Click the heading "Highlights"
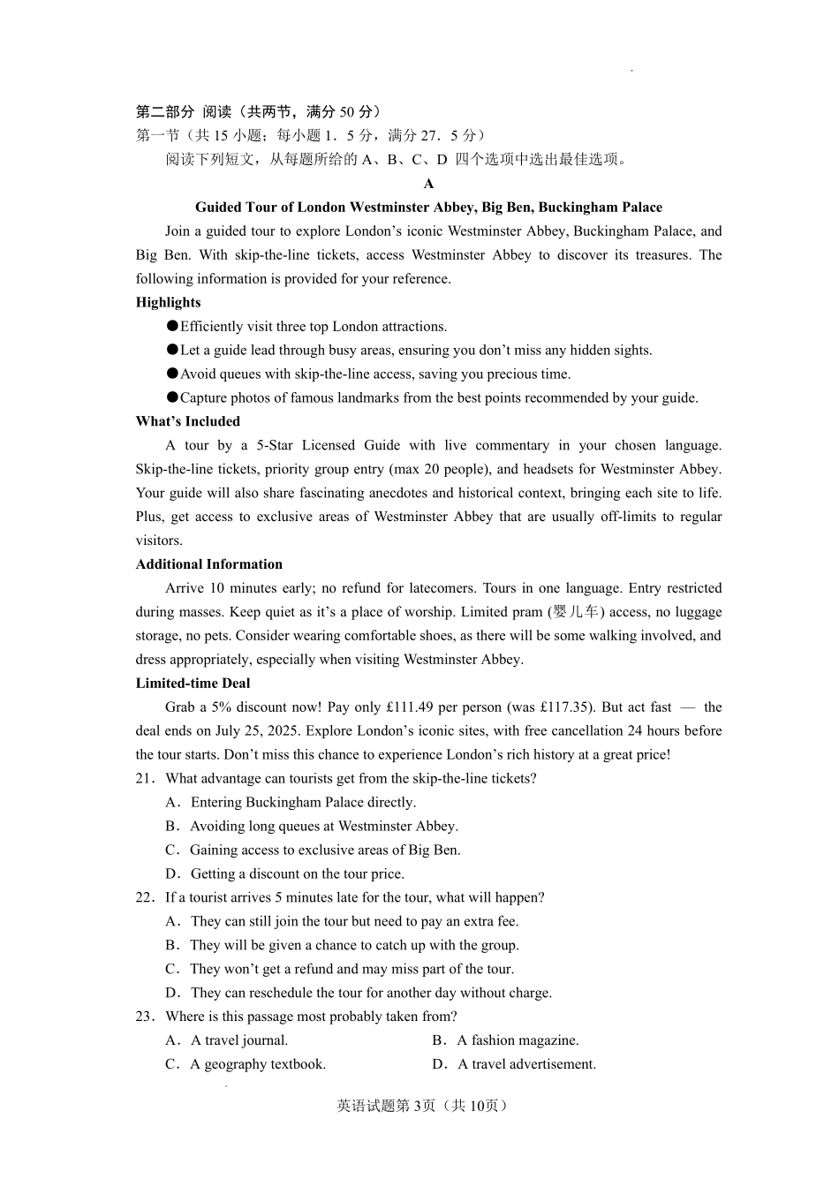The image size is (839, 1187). pyautogui.click(x=168, y=302)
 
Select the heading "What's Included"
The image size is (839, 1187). pyautogui.click(x=187, y=421)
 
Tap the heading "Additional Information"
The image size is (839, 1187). pyautogui.click(x=208, y=564)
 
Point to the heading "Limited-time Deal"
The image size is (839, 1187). pyautogui.click(x=193, y=684)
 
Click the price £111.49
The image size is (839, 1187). pyautogui.click(x=412, y=707)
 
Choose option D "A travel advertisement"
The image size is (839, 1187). pyautogui.click(x=526, y=1065)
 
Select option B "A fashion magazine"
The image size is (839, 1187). pyautogui.click(x=518, y=1041)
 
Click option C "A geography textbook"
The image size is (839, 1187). pyautogui.click(x=257, y=1065)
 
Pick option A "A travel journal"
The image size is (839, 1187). pyautogui.click(x=238, y=1041)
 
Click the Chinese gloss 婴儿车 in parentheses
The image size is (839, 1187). pyautogui.click(x=576, y=612)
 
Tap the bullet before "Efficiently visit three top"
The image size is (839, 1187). pyautogui.click(x=172, y=326)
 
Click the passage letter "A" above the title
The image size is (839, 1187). pyautogui.click(x=428, y=184)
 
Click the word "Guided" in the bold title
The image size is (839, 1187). pyautogui.click(x=218, y=208)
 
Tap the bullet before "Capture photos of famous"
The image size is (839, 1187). pyautogui.click(x=172, y=397)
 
